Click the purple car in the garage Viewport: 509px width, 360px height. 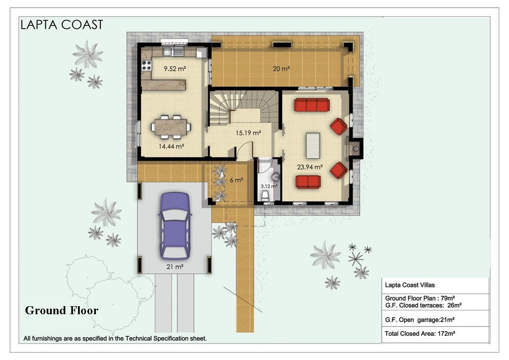coord(175,226)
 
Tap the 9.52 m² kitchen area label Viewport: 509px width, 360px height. coord(175,68)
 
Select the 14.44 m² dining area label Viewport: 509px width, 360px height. coord(171,146)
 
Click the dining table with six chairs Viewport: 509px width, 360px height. coord(171,127)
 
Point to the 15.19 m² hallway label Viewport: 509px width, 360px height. coord(248,133)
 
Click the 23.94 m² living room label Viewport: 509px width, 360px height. coord(310,167)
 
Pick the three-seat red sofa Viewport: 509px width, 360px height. coord(312,105)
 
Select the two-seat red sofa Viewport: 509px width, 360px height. coord(308,182)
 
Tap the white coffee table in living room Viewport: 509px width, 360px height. coord(313,145)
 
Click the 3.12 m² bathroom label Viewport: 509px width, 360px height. coord(269,186)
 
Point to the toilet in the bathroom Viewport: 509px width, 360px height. coord(266,196)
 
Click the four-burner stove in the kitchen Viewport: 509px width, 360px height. coord(147,65)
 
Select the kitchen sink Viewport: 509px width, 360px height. coord(173,52)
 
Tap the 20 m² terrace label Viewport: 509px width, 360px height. coord(281,69)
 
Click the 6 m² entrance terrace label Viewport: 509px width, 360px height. coord(236,180)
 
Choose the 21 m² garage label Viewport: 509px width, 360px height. coord(175,267)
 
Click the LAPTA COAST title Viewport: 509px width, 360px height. coord(62,25)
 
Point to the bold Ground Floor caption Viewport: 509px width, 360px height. coord(62,310)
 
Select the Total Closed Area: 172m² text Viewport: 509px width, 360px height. coord(420,334)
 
